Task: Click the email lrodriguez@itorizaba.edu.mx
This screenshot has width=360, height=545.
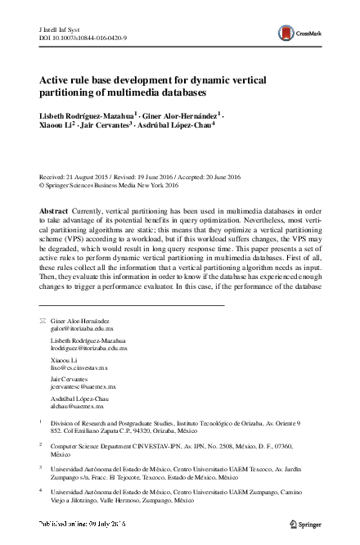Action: coord(89,349)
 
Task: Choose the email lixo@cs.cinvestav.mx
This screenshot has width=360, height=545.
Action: coord(79,369)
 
